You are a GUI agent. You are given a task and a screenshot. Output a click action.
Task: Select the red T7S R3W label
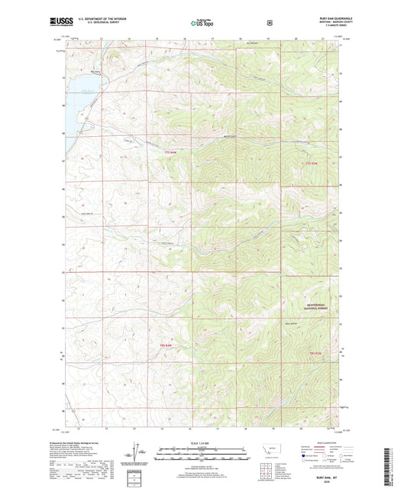312,163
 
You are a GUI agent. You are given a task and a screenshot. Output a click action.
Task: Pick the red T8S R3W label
318,352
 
